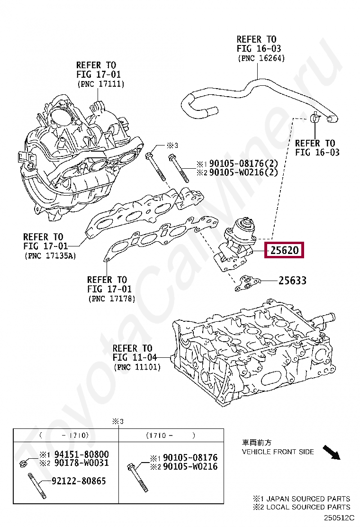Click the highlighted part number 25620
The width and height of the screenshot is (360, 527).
pyautogui.click(x=284, y=250)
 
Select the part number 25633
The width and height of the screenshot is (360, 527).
pyautogui.click(x=292, y=281)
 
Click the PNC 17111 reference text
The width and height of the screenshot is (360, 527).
pyautogui.click(x=100, y=84)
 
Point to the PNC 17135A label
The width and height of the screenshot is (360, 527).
pyautogui.click(x=49, y=256)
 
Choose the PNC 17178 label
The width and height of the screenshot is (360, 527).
pyautogui.click(x=111, y=299)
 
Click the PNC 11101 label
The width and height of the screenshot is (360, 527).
pyautogui.click(x=137, y=367)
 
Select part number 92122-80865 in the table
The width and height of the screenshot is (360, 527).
pyautogui.click(x=78, y=482)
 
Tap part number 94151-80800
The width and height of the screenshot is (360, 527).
pyautogui.click(x=81, y=454)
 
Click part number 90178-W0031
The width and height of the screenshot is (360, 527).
pyautogui.click(x=81, y=463)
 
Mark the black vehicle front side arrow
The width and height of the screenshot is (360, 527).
pyautogui.click(x=332, y=452)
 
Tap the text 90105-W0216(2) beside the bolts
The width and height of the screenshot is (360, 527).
pyautogui.click(x=243, y=173)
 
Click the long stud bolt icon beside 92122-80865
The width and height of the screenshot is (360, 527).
pyautogui.click(x=36, y=485)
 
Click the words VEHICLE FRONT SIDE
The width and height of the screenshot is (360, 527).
pyautogui.click(x=278, y=452)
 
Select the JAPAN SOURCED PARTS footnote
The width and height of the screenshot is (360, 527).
pyautogui.click(x=302, y=499)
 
